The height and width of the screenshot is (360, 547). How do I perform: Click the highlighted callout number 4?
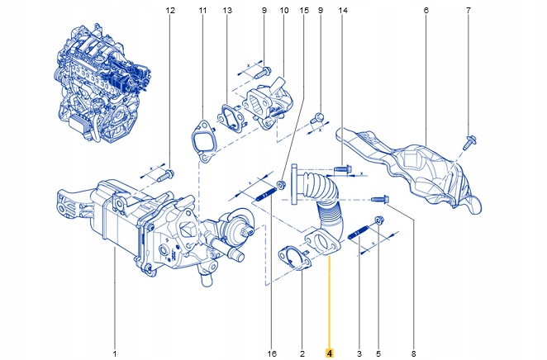pos(330,353)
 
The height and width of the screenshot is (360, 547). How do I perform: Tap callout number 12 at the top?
pos(171,11)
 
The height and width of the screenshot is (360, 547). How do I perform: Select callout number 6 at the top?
pos(426,11)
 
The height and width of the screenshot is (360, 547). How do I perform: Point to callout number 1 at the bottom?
pos(115,353)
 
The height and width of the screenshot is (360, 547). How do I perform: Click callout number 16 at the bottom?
pos(271,353)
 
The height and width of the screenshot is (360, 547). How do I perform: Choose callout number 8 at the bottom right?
pos(413,353)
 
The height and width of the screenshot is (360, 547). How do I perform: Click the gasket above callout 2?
pos(295,257)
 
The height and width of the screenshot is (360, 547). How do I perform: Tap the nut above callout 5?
pos(378,220)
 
